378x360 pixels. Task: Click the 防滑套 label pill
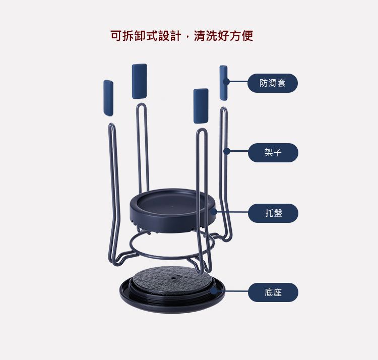click(273, 83)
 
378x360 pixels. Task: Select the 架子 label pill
click(273, 153)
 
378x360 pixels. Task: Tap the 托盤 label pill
click(273, 213)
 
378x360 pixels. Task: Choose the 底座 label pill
click(273, 292)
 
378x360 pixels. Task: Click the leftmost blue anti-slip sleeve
click(108, 98)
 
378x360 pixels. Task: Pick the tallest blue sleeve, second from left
click(139, 81)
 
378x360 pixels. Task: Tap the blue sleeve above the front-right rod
click(201, 106)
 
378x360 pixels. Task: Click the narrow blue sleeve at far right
click(223, 83)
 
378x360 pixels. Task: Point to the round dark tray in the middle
click(172, 210)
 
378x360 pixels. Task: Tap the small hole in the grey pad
click(173, 278)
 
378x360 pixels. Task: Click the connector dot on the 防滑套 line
click(226, 82)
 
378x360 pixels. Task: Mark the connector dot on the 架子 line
click(227, 151)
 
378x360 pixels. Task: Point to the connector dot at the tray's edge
click(214, 212)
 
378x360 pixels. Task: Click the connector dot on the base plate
click(213, 291)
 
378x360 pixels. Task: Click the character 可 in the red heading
click(116, 36)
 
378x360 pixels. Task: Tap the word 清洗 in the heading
click(205, 36)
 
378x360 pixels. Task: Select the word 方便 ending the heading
click(241, 36)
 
